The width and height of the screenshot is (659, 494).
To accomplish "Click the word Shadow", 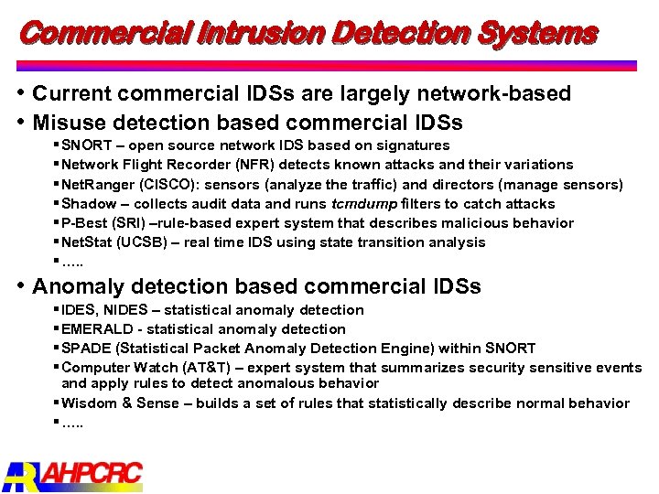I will pyautogui.click(x=89, y=204).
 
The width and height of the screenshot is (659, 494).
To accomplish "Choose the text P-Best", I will pyautogui.click(x=84, y=223).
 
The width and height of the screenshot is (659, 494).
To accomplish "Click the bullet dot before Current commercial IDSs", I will pyautogui.click(x=22, y=93).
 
